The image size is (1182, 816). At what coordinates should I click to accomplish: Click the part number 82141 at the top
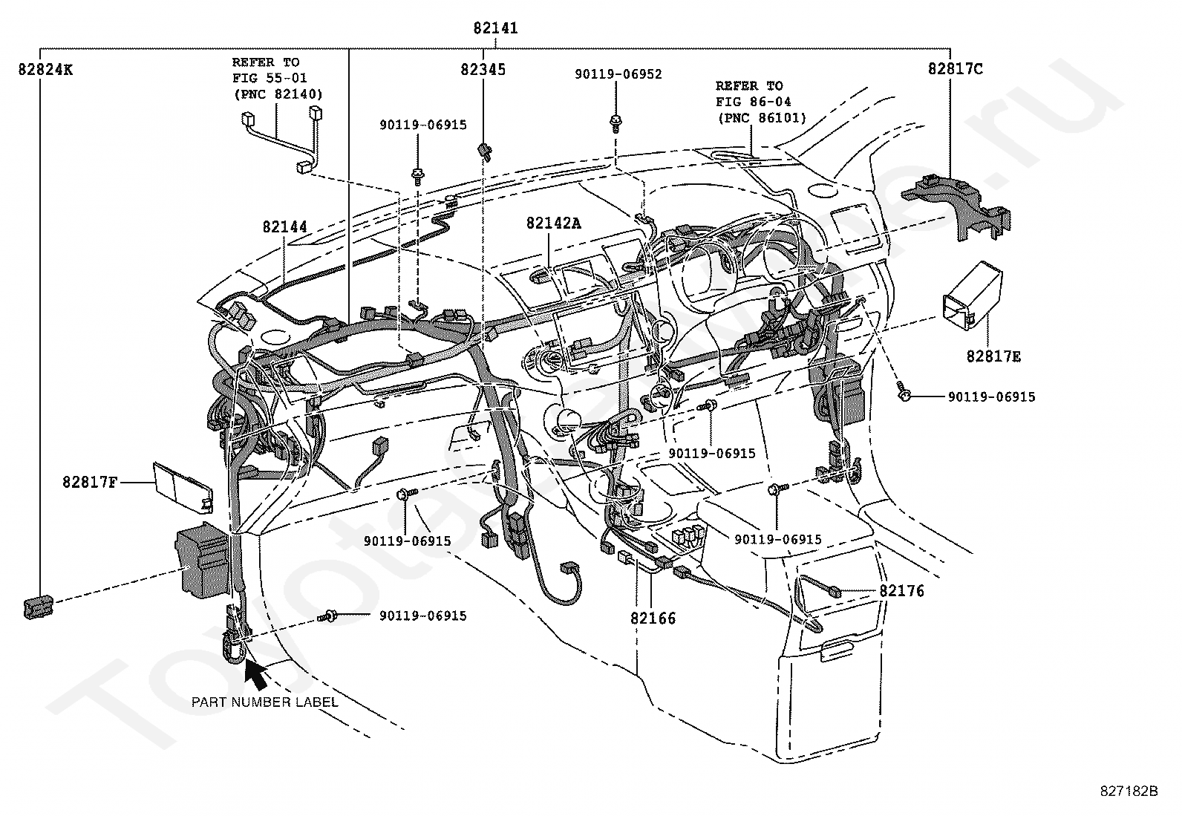pyautogui.click(x=495, y=29)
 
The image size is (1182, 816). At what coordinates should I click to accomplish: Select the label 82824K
pyautogui.click(x=46, y=70)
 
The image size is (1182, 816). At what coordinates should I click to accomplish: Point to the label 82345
pyautogui.click(x=483, y=70)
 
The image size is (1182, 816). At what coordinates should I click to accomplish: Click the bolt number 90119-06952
pyautogui.click(x=618, y=74)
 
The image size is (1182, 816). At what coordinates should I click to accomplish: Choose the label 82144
pyautogui.click(x=284, y=226)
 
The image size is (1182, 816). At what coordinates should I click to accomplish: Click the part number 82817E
pyautogui.click(x=993, y=357)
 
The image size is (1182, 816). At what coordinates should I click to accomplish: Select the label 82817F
pyautogui.click(x=90, y=483)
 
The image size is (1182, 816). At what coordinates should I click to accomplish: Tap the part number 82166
pyautogui.click(x=653, y=618)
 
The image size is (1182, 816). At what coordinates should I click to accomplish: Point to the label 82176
pyautogui.click(x=902, y=591)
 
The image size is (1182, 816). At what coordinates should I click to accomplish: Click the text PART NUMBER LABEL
pyautogui.click(x=265, y=702)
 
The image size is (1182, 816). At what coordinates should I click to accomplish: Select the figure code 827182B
pyautogui.click(x=1129, y=791)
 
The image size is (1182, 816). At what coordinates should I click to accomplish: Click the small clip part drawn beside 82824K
pyautogui.click(x=37, y=606)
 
